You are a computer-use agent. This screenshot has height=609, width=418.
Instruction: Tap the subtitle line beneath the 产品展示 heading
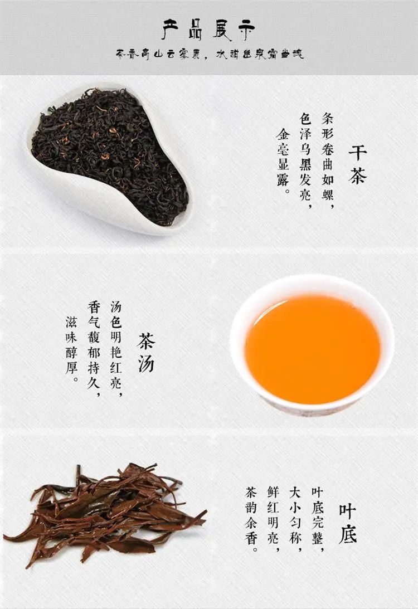coord(209,55)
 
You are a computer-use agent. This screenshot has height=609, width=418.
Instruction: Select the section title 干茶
coord(357,164)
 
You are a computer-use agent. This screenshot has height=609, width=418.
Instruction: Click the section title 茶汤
coord(145,353)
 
